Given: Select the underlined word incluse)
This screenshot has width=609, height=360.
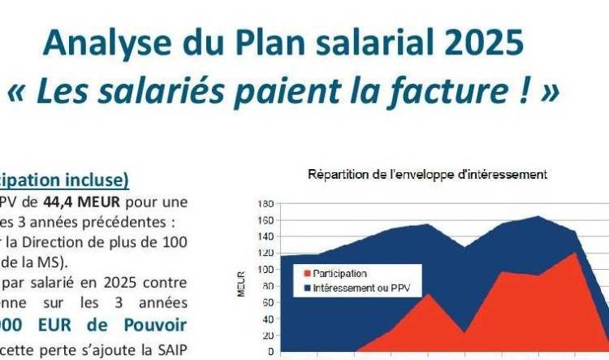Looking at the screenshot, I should pos(97,180).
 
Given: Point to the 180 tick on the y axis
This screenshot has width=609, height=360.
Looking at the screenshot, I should pos(265,204).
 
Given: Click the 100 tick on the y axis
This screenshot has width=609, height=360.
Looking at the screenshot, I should pos(265,270).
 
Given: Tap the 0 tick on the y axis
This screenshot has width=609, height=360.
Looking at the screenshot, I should pos(269,352).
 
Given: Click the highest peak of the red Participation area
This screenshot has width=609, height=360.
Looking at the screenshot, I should pos(576,254).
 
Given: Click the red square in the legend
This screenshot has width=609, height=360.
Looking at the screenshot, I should pos(307,274).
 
